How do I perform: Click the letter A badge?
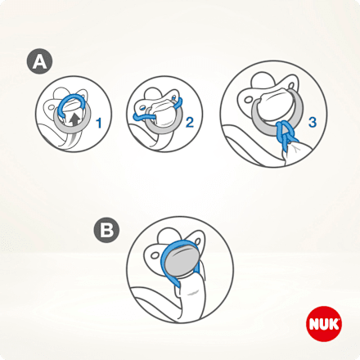pos(38,61)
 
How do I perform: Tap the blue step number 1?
pos(99,124)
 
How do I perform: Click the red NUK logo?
pos(320,322)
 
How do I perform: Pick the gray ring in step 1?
pos(61,123)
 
